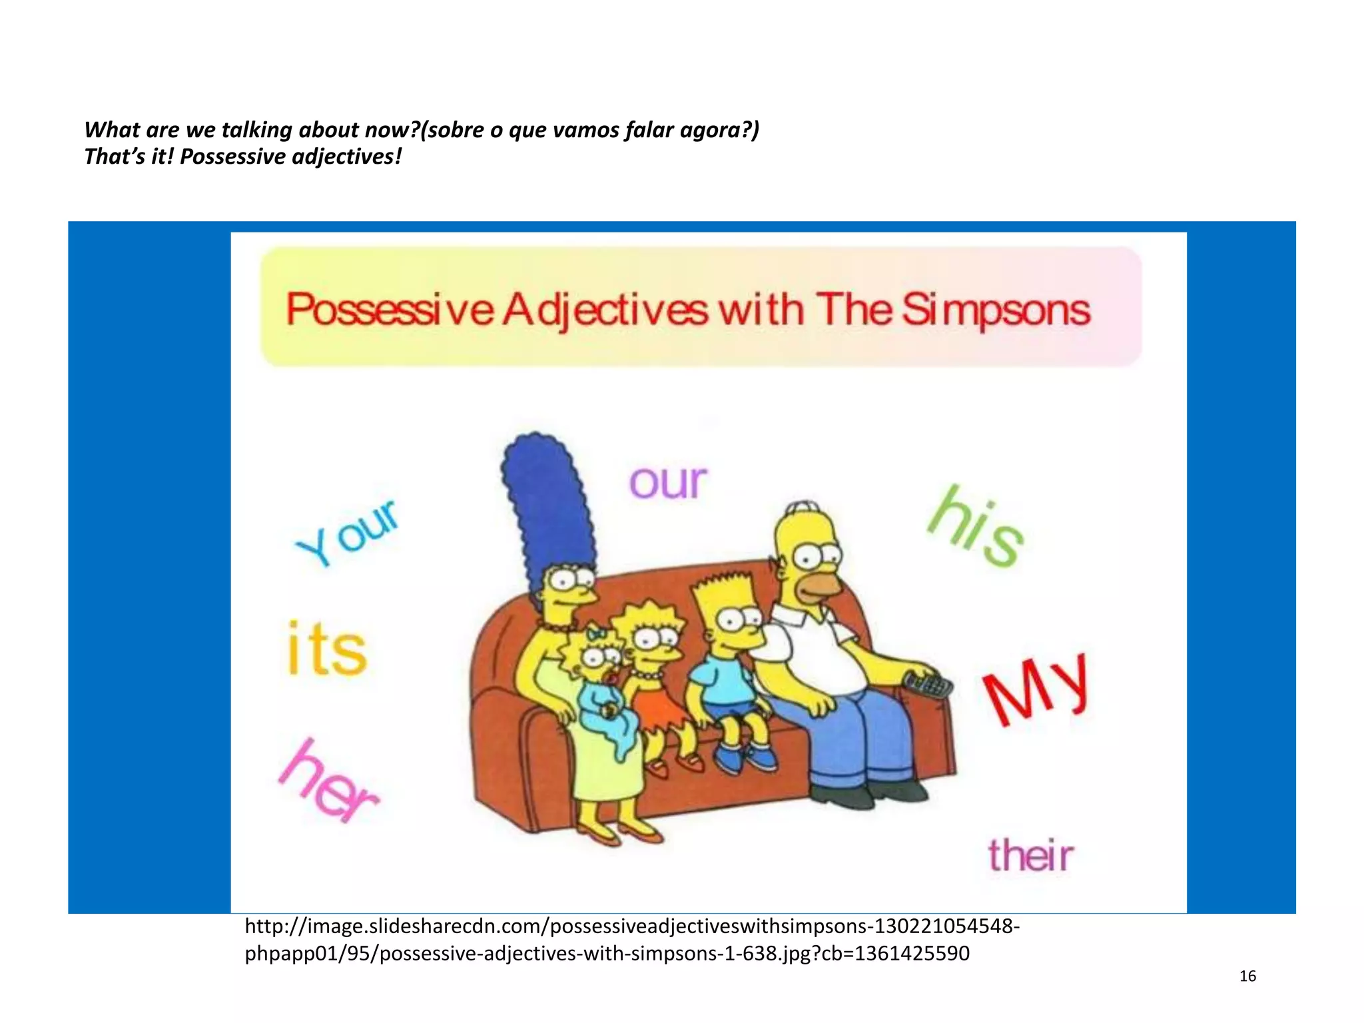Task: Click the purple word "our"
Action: tap(668, 482)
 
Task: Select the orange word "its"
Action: tap(326, 649)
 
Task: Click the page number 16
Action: tap(1247, 976)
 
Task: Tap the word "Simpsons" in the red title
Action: tap(996, 310)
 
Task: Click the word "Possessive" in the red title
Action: tap(390, 310)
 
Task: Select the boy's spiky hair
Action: tap(723, 589)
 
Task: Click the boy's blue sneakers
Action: tap(746, 759)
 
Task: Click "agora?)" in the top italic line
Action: tap(719, 130)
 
